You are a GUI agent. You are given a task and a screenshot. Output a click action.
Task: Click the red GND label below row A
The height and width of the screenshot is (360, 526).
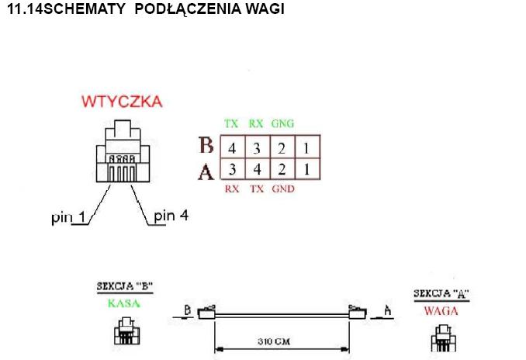(x=283, y=189)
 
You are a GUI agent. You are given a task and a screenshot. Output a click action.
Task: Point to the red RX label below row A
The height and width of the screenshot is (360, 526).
(x=231, y=189)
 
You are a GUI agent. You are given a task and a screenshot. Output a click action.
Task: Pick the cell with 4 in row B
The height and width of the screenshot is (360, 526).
(x=231, y=147)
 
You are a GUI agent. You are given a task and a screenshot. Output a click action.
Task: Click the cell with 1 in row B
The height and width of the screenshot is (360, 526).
(x=310, y=147)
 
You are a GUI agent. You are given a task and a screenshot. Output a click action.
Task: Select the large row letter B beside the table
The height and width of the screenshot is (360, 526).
(x=206, y=146)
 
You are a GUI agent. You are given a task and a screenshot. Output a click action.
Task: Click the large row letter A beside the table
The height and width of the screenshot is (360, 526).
(x=206, y=171)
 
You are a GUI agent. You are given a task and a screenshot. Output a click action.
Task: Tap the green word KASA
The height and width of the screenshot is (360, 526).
(x=125, y=303)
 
